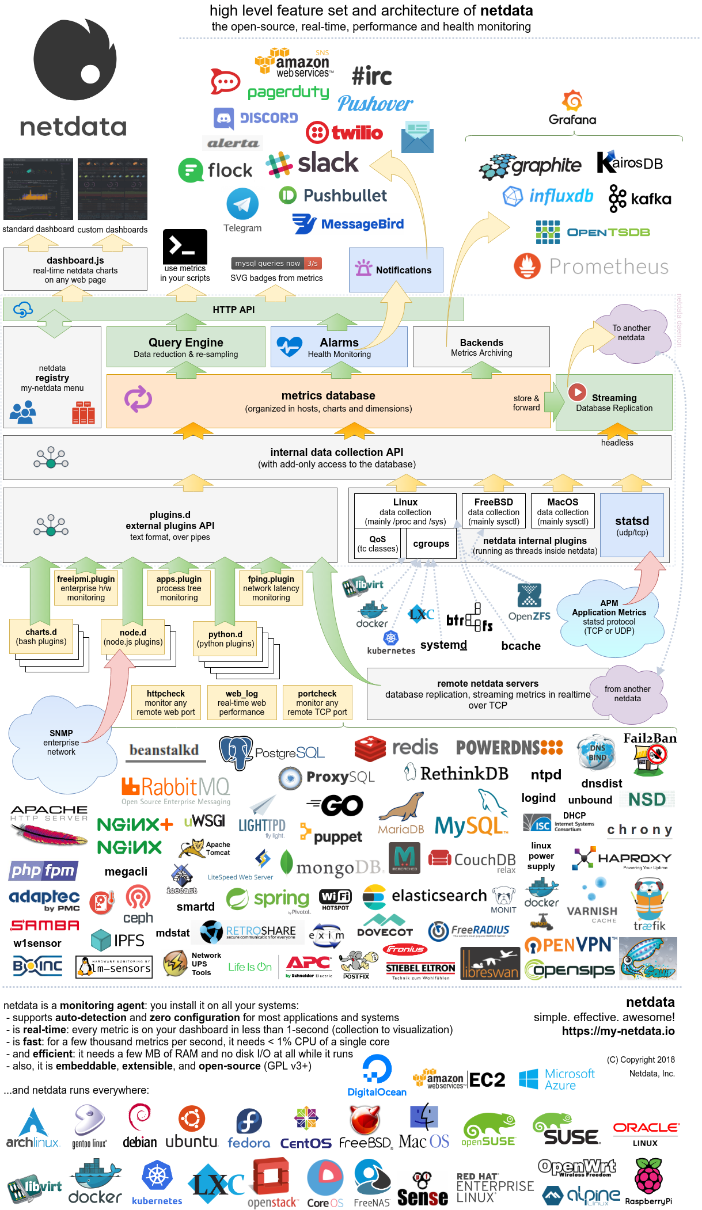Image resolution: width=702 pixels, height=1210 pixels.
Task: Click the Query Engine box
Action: pos(185,347)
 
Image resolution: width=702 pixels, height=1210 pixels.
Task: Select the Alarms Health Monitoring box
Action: pos(339,347)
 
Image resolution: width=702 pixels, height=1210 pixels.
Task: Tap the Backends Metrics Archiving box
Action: pos(481,347)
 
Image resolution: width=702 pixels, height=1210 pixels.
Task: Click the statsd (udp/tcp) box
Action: pos(632,525)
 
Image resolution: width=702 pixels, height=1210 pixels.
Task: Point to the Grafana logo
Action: pos(572,101)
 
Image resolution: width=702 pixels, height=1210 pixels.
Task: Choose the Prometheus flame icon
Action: pos(527,266)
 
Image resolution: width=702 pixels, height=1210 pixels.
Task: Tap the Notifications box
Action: pos(396,269)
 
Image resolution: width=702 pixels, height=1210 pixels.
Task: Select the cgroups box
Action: pos(431,543)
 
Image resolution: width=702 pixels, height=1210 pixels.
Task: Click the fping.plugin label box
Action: pos(271,588)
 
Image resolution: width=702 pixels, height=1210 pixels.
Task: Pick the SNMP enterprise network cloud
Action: pos(61,742)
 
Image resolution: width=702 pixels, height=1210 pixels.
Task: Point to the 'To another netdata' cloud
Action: pos(631,333)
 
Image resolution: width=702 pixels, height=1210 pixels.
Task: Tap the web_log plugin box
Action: pos(241,702)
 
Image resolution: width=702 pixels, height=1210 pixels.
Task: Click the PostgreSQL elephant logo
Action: pos(236,751)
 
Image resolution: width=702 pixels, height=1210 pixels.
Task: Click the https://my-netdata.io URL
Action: pos(618,1031)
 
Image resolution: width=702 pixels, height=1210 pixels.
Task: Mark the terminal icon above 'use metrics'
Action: pos(185,246)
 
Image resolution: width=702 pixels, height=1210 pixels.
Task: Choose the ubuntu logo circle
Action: pos(192,1119)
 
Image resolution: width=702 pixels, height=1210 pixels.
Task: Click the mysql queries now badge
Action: pos(276,263)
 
